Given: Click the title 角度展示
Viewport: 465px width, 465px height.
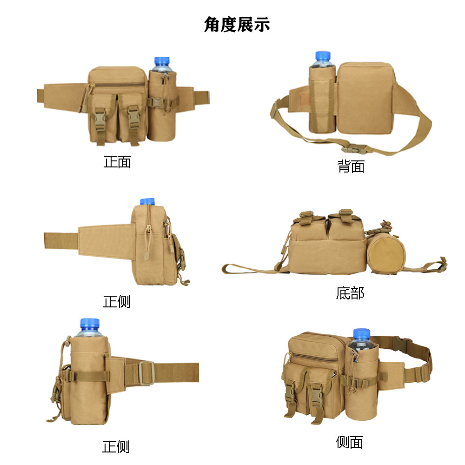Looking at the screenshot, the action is point(237,24).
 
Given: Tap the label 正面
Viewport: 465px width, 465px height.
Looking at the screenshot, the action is point(117,162).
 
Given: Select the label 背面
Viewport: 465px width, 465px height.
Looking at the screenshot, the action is point(351,166).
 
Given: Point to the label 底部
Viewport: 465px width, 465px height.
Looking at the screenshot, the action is point(350,293).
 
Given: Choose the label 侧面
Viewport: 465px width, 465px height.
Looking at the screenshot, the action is point(349,442).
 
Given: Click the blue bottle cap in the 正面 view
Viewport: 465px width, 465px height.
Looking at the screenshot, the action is point(162,61).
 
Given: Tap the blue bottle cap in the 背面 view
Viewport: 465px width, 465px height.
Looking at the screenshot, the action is point(323,55).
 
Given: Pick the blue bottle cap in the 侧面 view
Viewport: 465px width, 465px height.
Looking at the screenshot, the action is point(361,333).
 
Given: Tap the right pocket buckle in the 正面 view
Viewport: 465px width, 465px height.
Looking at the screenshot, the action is point(134,119).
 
